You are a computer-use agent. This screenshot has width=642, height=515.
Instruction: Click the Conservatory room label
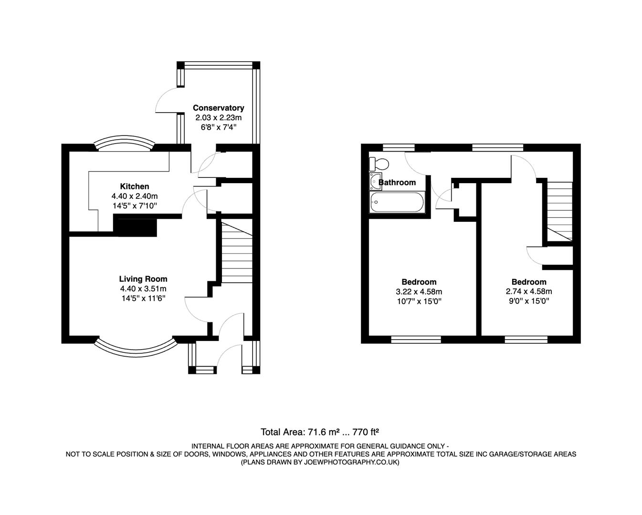click(218, 108)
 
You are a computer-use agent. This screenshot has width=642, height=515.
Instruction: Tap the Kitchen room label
click(134, 186)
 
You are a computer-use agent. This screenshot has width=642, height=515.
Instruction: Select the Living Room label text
click(143, 279)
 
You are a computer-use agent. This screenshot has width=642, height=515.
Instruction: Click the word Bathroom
click(397, 182)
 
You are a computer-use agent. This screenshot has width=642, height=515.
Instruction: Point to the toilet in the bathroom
click(379, 164)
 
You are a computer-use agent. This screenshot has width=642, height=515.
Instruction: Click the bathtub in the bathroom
click(397, 202)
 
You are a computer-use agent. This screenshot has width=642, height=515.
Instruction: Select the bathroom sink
click(374, 182)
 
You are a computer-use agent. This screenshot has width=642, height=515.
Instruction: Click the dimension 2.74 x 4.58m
click(529, 292)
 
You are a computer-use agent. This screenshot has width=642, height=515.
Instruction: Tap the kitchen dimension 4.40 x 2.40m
click(134, 196)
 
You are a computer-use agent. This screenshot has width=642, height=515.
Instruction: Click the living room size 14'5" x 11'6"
click(143, 299)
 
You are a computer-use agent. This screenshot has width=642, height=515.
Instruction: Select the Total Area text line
click(320, 432)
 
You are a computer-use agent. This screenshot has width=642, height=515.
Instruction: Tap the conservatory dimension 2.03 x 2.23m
click(218, 117)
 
